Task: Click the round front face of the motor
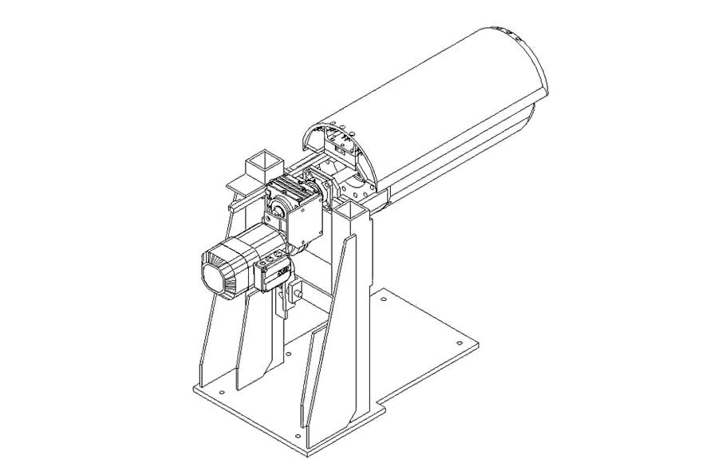coord(216,279)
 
